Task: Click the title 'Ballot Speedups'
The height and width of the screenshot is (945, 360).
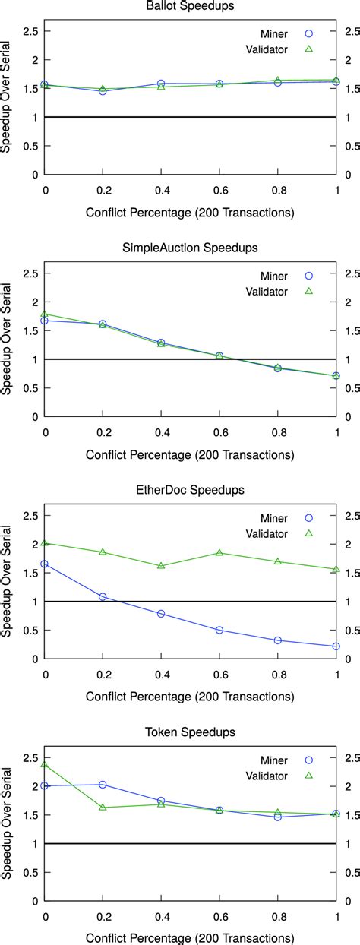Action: point(189,7)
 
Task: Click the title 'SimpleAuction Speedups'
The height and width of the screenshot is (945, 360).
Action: point(189,248)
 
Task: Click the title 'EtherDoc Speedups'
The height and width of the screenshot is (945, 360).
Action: point(189,491)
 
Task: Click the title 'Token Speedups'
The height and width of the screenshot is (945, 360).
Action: point(189,732)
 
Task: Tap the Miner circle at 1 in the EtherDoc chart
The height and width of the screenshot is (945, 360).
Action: point(336,646)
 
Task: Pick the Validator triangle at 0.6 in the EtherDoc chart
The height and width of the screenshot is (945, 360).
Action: point(219,552)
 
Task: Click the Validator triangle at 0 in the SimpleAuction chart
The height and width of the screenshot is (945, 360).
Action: point(46,313)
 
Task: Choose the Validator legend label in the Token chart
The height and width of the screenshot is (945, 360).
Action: point(267,776)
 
